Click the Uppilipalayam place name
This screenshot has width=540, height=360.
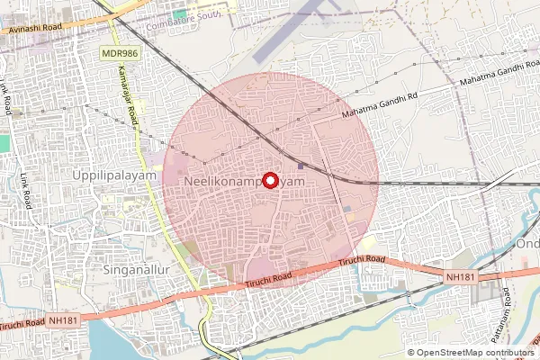114,176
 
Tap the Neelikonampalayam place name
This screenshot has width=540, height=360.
240,182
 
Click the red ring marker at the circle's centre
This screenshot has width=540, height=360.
269,179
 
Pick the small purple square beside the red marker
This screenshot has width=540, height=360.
300,165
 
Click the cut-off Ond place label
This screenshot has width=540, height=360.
526,244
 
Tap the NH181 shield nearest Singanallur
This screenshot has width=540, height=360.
64,319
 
